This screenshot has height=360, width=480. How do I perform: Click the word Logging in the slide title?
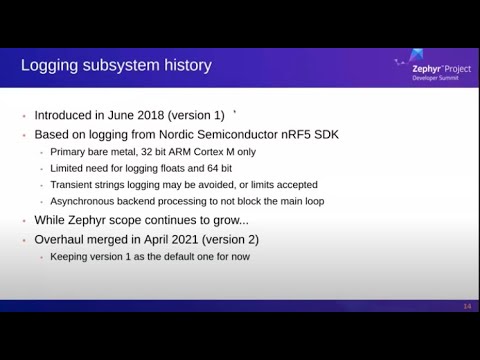52,66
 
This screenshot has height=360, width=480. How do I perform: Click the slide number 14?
467,305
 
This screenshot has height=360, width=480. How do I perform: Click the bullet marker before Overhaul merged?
24,240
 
